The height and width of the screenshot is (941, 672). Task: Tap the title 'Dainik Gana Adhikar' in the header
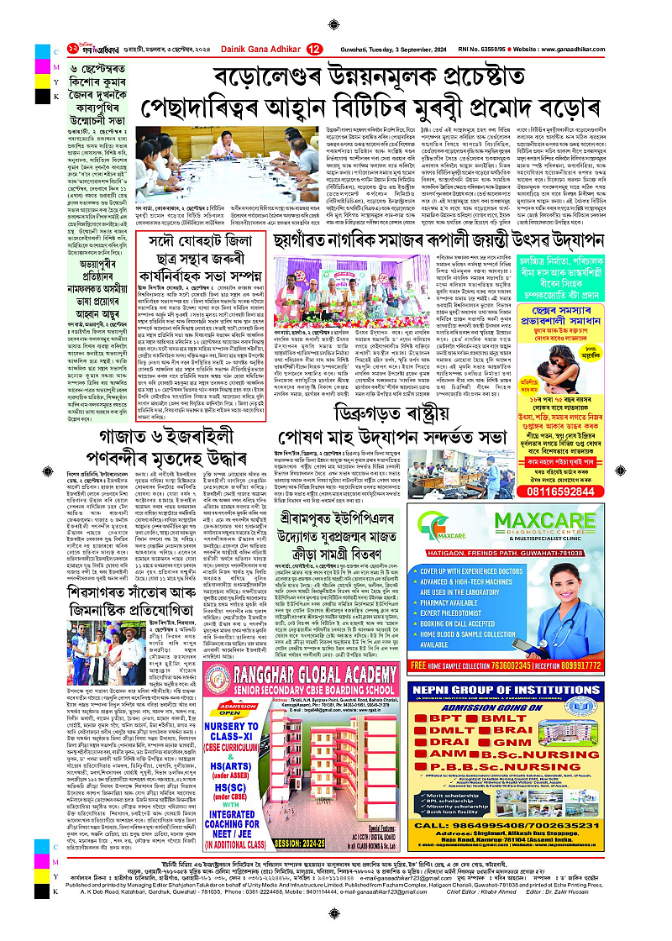(252, 50)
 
